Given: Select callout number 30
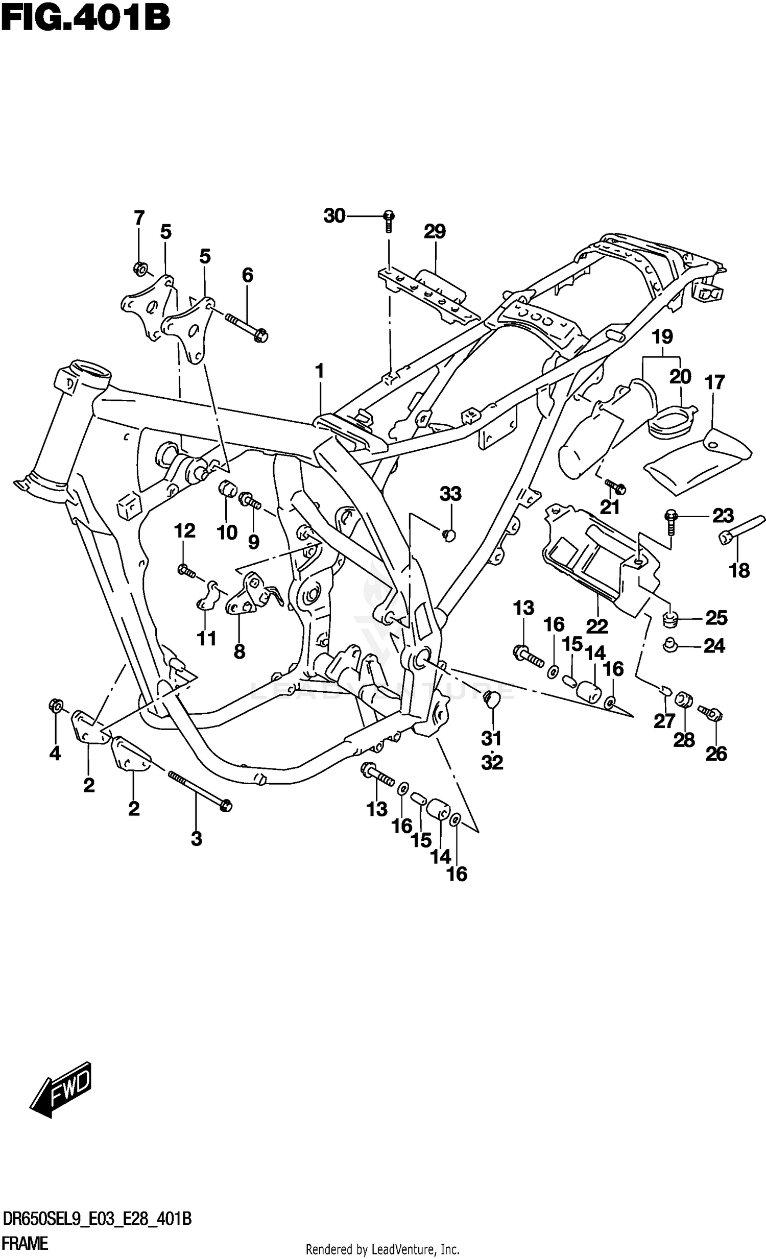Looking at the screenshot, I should [x=334, y=216].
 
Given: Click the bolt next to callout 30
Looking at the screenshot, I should [x=389, y=220].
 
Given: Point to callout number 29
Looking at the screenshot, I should [x=435, y=231].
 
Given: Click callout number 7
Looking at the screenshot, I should [x=139, y=217].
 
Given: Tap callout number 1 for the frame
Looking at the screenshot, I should [x=320, y=371].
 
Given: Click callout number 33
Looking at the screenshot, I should [x=450, y=494].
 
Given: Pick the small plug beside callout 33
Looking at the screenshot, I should [x=448, y=535].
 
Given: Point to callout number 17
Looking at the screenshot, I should [x=714, y=382].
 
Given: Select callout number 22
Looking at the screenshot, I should [x=597, y=625].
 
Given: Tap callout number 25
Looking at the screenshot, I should [x=716, y=618].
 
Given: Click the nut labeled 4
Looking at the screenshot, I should [x=56, y=706].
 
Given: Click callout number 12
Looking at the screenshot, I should [x=185, y=531].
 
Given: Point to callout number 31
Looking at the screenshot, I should [x=492, y=738].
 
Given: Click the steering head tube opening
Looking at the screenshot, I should [x=90, y=369].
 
